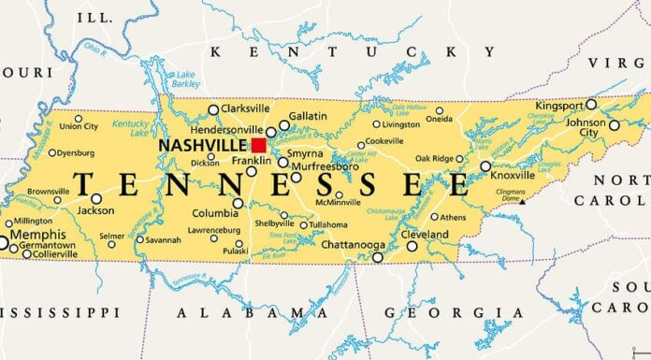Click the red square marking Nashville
pos(258,145)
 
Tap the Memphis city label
pos(38,234)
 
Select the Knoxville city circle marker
pos(485,166)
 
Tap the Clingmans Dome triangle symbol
pos(522,200)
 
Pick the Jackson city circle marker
pos(96,198)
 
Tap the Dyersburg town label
pos(74,152)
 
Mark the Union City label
pos(79,126)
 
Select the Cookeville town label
pos(383,141)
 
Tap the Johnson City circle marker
pos(615,125)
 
